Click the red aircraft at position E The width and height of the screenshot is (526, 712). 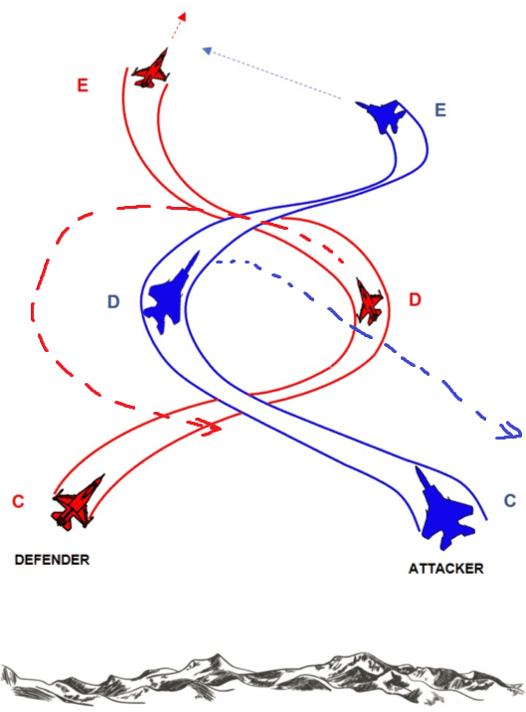(152, 70)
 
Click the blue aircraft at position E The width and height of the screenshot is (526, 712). (383, 116)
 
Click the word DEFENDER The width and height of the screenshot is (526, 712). (52, 560)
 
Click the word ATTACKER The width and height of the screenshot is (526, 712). (445, 569)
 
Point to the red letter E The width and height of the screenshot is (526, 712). (83, 86)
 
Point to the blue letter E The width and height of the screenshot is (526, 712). (441, 109)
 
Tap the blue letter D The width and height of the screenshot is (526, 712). (114, 301)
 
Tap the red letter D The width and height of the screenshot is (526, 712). (415, 299)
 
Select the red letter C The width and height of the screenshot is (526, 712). (18, 501)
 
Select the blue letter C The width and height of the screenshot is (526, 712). (509, 501)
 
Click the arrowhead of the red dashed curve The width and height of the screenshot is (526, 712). (212, 428)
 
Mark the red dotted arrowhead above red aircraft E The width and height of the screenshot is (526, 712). (183, 18)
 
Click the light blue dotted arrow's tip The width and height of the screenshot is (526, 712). (203, 47)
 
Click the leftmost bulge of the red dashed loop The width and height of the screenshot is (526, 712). (35, 298)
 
